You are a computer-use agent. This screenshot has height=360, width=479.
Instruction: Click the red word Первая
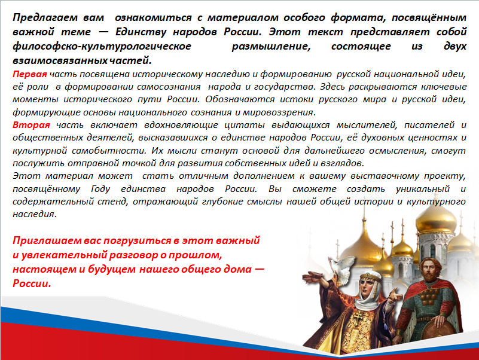coord(30,74)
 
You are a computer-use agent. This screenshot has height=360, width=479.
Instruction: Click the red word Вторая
coord(31,125)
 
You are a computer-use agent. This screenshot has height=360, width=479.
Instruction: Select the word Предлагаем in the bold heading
coord(45,18)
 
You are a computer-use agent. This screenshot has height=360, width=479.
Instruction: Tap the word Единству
coord(141,32)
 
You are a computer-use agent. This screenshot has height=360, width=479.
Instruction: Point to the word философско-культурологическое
coord(102,46)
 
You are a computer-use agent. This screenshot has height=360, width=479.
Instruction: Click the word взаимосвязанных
coord(60,60)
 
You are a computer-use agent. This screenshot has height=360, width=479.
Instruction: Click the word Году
coord(100,189)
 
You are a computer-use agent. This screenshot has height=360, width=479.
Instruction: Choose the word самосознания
coord(169,87)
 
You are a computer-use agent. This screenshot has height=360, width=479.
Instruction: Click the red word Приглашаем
coord(47,241)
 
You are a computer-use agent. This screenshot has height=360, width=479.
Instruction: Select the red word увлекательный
coord(65,255)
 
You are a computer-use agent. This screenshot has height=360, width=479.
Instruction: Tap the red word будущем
coord(112,269)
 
